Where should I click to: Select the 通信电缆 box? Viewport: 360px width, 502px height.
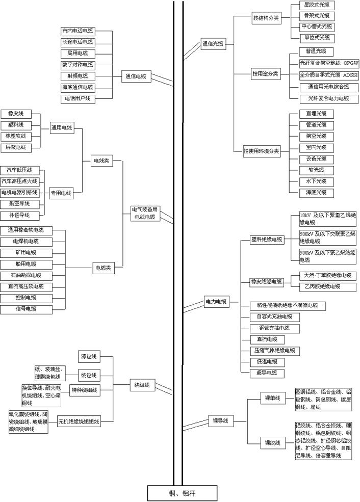click(x=136, y=76)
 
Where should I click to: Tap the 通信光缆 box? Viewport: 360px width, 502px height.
click(x=213, y=44)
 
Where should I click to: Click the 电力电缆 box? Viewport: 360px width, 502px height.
click(x=216, y=302)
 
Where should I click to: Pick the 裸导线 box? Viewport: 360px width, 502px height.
click(x=220, y=421)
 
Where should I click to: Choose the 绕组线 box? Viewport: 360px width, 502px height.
click(x=142, y=385)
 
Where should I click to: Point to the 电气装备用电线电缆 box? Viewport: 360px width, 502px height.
click(x=146, y=213)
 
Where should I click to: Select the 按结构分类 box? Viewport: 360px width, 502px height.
click(x=266, y=18)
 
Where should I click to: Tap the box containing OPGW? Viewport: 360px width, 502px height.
click(x=329, y=63)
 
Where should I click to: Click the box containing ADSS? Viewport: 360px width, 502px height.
click(x=329, y=75)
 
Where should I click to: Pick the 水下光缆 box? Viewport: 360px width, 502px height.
click(x=316, y=181)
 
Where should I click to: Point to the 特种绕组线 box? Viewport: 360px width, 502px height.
click(x=85, y=390)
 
